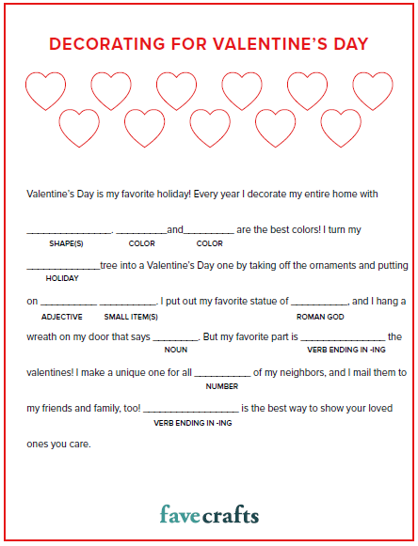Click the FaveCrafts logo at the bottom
click(x=209, y=514)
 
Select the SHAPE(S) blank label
click(x=67, y=243)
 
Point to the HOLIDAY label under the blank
click(x=62, y=278)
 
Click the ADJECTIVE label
click(x=62, y=317)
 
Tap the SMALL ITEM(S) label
click(x=128, y=317)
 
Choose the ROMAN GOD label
click(x=320, y=317)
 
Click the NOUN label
click(x=175, y=350)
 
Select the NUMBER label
click(x=222, y=385)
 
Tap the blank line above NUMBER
click(x=222, y=375)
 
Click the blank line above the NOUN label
click(x=175, y=339)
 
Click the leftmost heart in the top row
click(x=43, y=90)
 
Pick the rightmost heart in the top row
click(x=373, y=90)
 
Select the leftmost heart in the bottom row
click(x=79, y=127)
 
